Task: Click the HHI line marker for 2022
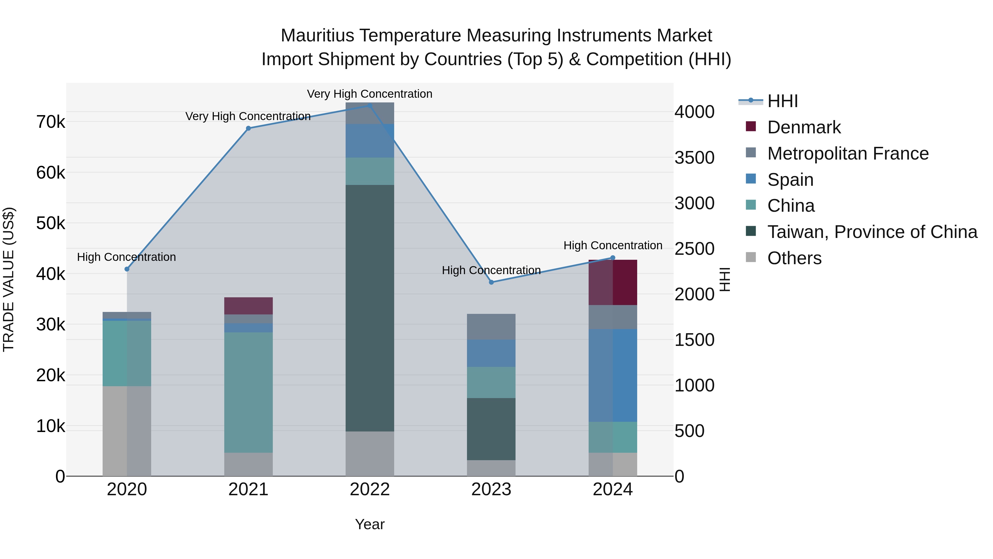tap(370, 105)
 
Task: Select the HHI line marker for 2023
tap(491, 282)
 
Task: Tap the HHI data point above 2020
tap(127, 269)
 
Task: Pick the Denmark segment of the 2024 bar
tap(613, 282)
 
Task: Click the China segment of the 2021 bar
tap(248, 392)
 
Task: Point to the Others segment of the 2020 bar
tap(127, 431)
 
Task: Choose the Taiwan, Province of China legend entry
tap(872, 232)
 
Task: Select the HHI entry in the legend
tap(782, 101)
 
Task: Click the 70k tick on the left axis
tap(50, 122)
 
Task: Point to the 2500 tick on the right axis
tap(694, 248)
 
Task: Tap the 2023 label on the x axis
tap(491, 489)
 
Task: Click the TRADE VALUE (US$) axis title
tap(9, 279)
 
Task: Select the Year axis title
tap(370, 524)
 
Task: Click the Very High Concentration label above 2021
tap(248, 116)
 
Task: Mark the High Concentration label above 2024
tap(613, 245)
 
